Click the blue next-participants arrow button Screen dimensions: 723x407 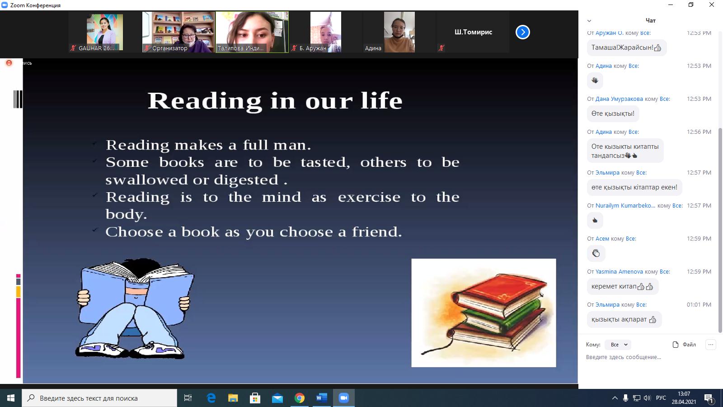tap(522, 32)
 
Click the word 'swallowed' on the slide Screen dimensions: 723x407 tap(146, 180)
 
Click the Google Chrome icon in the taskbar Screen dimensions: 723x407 tap(299, 398)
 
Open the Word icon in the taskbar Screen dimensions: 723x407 tap(321, 398)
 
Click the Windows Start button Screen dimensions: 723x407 tap(11, 398)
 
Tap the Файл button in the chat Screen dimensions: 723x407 tap(684, 345)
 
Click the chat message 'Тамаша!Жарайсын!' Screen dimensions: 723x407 tap(626, 48)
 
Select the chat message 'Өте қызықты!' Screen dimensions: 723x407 tap(613, 114)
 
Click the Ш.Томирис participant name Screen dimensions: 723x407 tap(473, 32)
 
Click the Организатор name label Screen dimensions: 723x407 tap(170, 48)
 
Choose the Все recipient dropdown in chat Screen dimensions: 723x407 tap(618, 345)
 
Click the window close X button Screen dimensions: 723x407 tap(711, 5)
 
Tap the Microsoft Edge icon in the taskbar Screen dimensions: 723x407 tap(211, 398)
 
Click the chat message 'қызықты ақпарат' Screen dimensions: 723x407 tap(624, 319)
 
